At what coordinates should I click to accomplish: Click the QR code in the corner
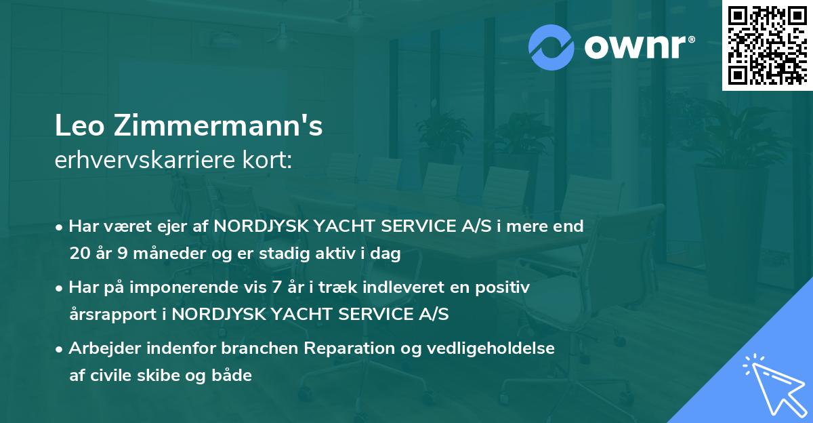click(x=767, y=45)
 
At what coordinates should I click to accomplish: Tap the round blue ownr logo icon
click(x=551, y=47)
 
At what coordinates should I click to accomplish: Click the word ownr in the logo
click(x=635, y=47)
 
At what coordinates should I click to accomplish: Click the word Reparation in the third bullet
click(x=346, y=348)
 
